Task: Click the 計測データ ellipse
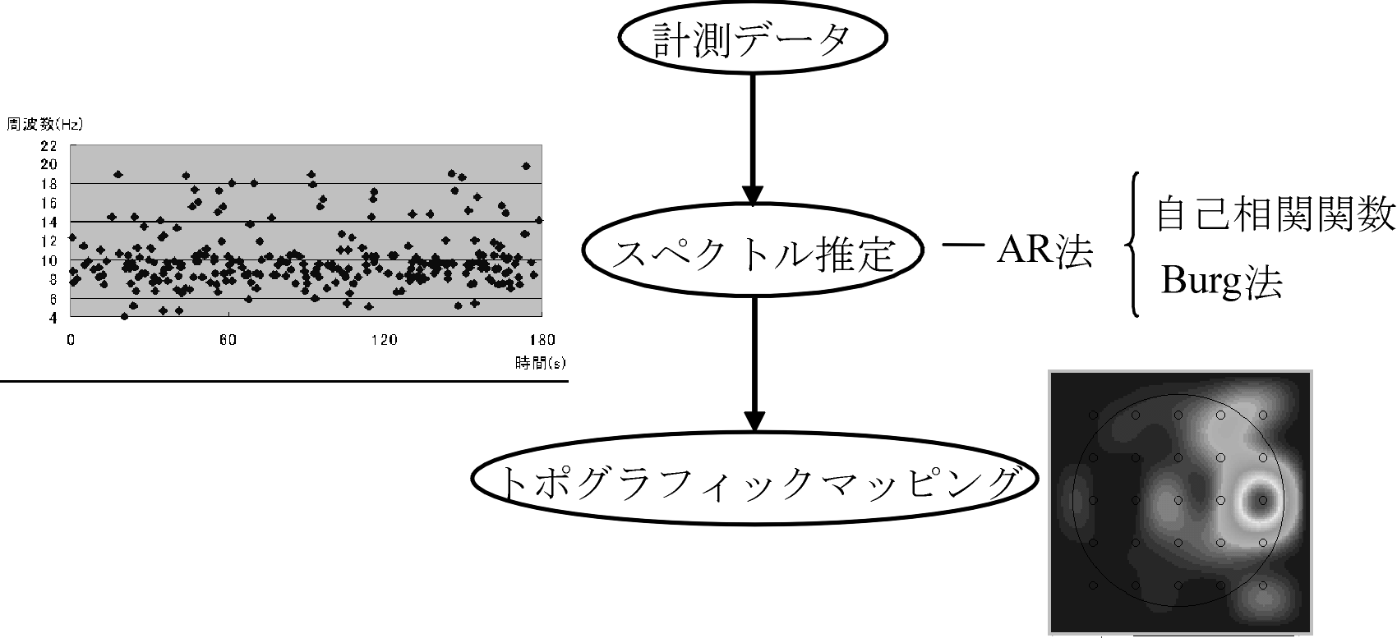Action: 752,41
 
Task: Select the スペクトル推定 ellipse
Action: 752,255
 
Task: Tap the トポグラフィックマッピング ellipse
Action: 752,484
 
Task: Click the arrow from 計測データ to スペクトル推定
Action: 752,140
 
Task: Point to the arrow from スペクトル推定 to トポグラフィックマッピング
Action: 753,361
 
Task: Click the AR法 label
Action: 1044,253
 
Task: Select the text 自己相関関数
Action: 1275,215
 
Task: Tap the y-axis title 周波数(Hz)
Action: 44,125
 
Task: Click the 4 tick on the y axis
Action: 53,317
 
